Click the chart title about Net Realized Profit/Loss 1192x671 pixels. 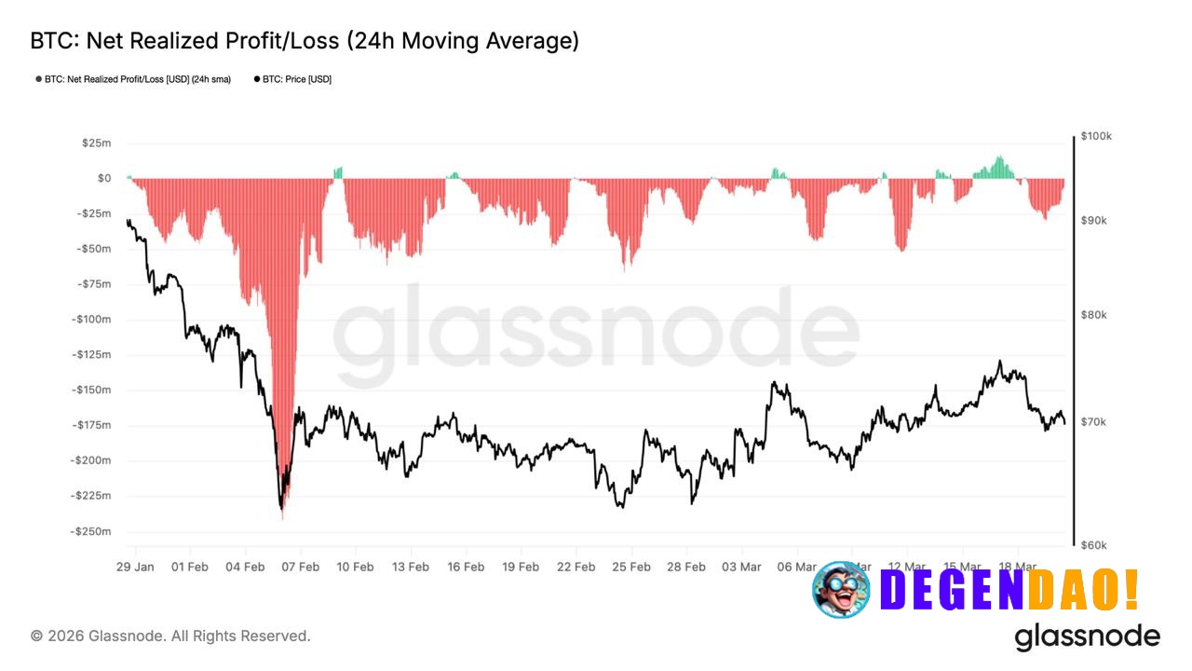(305, 41)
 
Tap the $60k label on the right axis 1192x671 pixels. (1093, 545)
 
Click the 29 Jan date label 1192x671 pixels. (135, 567)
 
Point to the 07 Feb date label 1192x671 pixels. (300, 567)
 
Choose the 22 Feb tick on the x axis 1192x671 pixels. (576, 567)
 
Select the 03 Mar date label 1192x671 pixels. (742, 567)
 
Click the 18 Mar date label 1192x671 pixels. (1018, 567)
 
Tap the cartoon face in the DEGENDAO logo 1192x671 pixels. (841, 590)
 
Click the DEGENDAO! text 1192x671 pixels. (1009, 590)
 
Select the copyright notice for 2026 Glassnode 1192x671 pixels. (170, 636)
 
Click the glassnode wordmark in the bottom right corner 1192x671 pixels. (1087, 637)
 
